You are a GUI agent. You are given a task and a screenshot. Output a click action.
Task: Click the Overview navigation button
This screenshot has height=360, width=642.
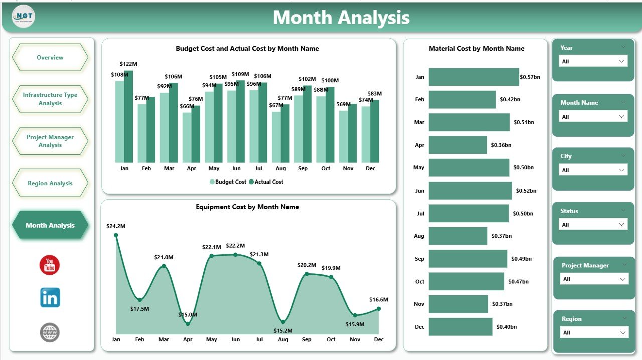[50, 57]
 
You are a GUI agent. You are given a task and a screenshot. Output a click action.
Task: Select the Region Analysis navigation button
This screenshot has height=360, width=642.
[50, 183]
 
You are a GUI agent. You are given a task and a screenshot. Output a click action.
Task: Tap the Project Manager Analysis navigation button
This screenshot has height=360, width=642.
[50, 141]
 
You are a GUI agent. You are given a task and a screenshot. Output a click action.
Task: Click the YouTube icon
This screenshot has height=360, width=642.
[50, 265]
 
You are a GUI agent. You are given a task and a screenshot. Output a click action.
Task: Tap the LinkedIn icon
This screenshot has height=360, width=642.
[50, 298]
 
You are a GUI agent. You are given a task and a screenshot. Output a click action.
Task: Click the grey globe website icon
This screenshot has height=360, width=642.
[50, 332]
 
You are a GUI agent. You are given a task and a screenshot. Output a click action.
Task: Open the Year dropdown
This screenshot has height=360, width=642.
[593, 61]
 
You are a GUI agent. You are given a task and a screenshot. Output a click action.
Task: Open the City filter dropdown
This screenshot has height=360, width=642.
[593, 170]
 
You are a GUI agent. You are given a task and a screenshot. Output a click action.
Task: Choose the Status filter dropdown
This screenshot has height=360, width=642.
[593, 225]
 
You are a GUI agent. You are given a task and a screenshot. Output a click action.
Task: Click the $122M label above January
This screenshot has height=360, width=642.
[128, 64]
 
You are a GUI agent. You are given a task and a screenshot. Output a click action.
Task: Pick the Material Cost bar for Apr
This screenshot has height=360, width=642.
[457, 145]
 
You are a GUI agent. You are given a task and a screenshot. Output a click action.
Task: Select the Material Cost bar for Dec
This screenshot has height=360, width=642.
[460, 327]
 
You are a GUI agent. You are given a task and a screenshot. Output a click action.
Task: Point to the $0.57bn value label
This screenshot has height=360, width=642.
[530, 77]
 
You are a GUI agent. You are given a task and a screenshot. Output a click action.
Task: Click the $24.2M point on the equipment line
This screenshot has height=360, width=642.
[116, 235]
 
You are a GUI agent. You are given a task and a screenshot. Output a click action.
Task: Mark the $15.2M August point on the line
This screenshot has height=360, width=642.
[283, 322]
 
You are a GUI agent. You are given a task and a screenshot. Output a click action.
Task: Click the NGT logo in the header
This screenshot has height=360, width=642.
[23, 17]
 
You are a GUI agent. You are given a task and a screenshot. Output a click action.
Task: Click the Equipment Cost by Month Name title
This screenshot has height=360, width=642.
[247, 207]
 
